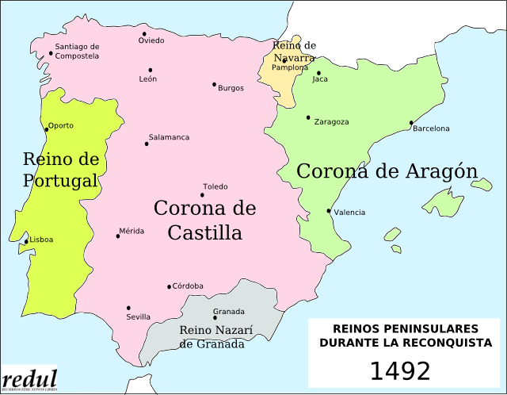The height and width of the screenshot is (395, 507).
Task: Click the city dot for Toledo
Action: [x=202, y=195]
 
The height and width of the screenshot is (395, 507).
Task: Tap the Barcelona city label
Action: [x=431, y=128]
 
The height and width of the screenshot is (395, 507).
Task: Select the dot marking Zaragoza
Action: [x=309, y=117]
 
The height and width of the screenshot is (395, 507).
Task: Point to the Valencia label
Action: [x=349, y=213]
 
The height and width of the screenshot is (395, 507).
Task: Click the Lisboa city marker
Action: [x=26, y=241]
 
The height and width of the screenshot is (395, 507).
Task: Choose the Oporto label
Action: [x=61, y=125]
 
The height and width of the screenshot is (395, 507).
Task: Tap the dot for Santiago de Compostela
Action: [x=51, y=54]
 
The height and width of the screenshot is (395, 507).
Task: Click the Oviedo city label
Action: [x=151, y=40]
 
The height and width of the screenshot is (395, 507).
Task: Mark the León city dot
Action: [x=151, y=70]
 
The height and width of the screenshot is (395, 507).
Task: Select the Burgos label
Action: [x=231, y=88]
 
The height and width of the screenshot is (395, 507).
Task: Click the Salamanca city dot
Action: [x=147, y=144]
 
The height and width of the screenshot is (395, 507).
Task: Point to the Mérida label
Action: [x=132, y=231]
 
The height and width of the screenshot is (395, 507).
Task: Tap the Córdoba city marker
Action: [x=169, y=287]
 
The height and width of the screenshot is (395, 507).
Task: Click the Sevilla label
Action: [x=138, y=317]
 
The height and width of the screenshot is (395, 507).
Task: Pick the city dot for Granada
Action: [x=215, y=318]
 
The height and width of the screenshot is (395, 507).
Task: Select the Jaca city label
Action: [x=320, y=79]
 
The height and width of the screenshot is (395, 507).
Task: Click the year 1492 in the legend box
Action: [x=400, y=371]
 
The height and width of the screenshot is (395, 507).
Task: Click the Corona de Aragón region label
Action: [x=387, y=171]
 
